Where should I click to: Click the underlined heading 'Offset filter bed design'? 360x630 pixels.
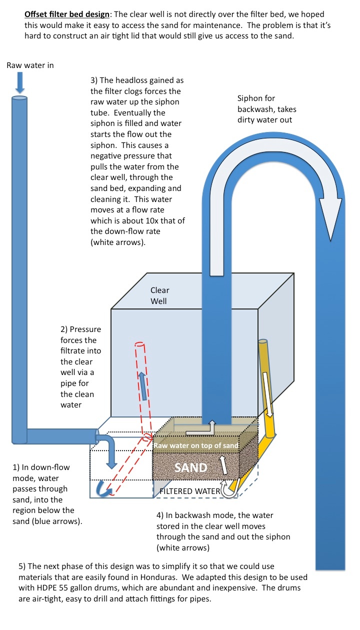coord(67,14)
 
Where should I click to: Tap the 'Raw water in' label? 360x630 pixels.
coord(30,65)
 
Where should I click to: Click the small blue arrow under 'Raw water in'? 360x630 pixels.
coord(19,82)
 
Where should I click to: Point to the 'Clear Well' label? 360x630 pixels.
coord(160,295)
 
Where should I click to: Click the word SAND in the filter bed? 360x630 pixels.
coord(190,467)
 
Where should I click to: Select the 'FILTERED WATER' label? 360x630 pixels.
coord(190,491)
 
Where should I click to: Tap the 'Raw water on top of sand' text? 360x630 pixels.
coord(196,445)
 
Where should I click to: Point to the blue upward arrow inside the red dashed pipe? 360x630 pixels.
coord(142,386)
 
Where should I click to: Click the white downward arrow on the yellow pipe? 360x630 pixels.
coord(268,394)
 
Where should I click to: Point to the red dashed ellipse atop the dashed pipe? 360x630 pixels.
coord(140,344)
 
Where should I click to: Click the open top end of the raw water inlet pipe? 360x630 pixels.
coord(19,98)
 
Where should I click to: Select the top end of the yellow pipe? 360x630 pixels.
coord(262,341)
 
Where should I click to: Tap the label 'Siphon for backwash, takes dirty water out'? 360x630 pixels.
coord(266,109)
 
